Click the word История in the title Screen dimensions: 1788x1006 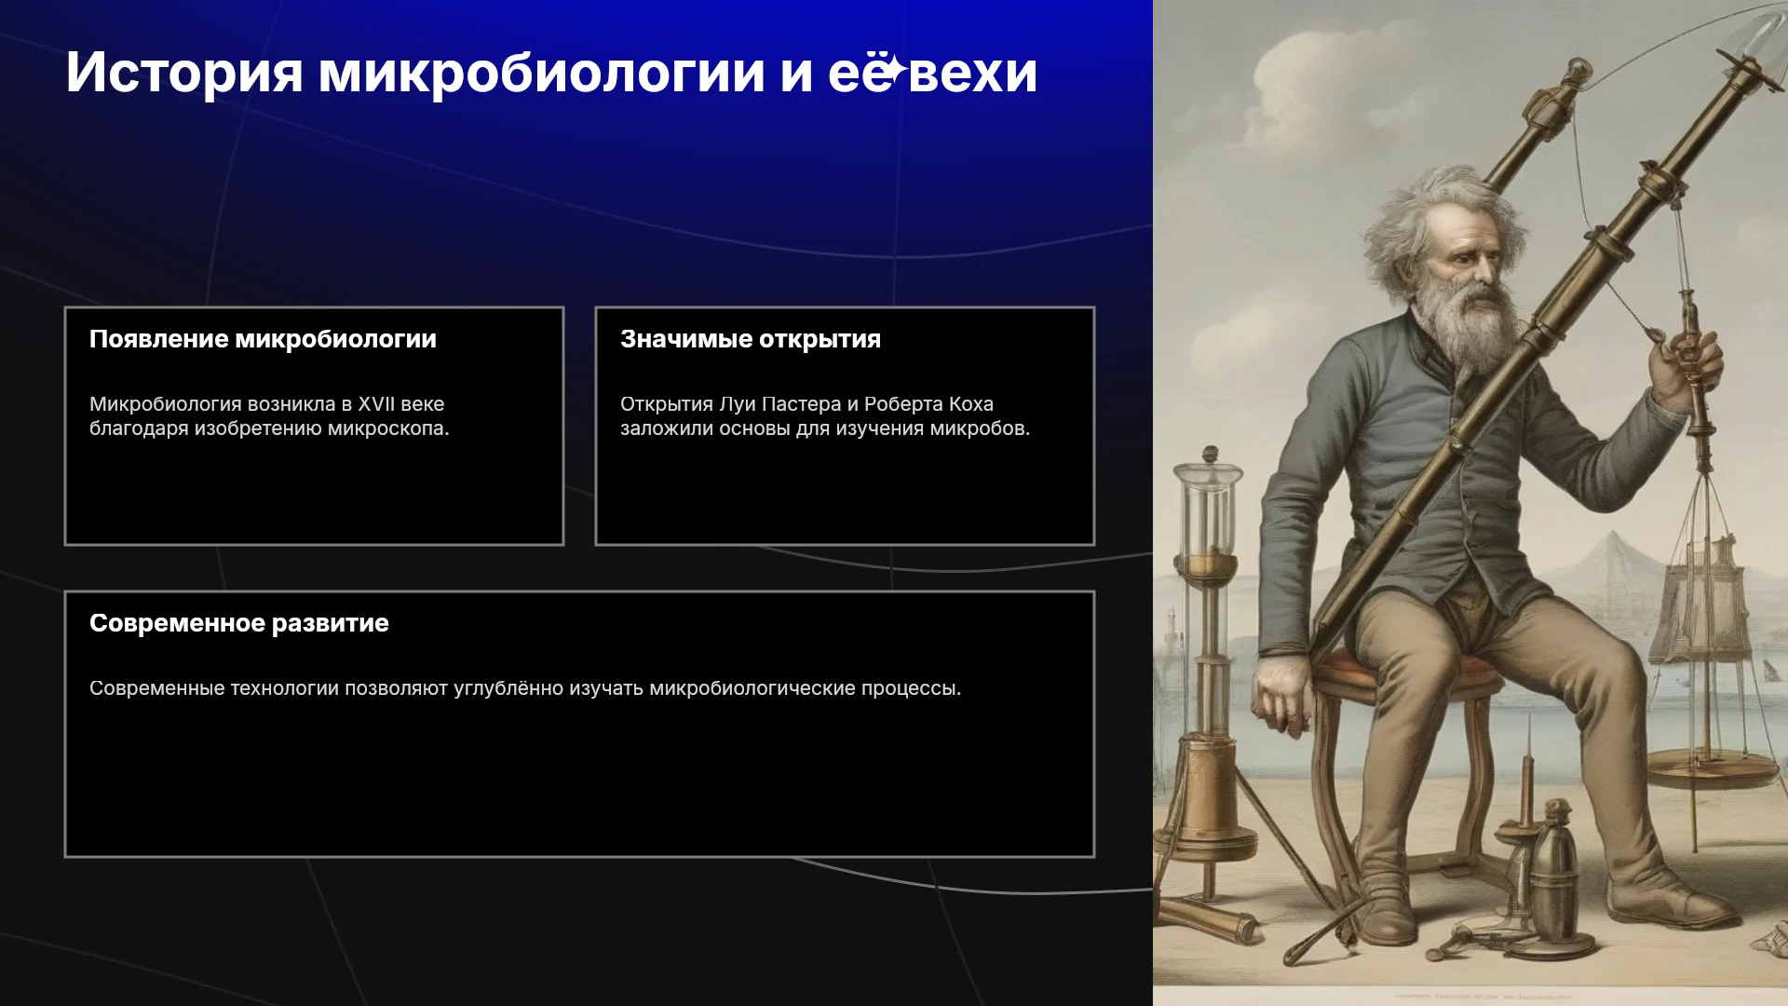click(x=184, y=73)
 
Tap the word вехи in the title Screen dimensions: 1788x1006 click(x=972, y=73)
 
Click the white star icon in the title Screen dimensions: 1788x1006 click(x=893, y=69)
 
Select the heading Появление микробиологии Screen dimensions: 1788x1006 click(x=263, y=339)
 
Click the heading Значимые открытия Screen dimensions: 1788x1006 click(x=751, y=339)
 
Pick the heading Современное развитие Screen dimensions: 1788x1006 click(x=239, y=623)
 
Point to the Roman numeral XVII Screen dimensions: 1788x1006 click(x=377, y=404)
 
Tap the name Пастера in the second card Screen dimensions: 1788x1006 click(x=802, y=404)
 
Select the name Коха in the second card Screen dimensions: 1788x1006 click(x=971, y=404)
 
